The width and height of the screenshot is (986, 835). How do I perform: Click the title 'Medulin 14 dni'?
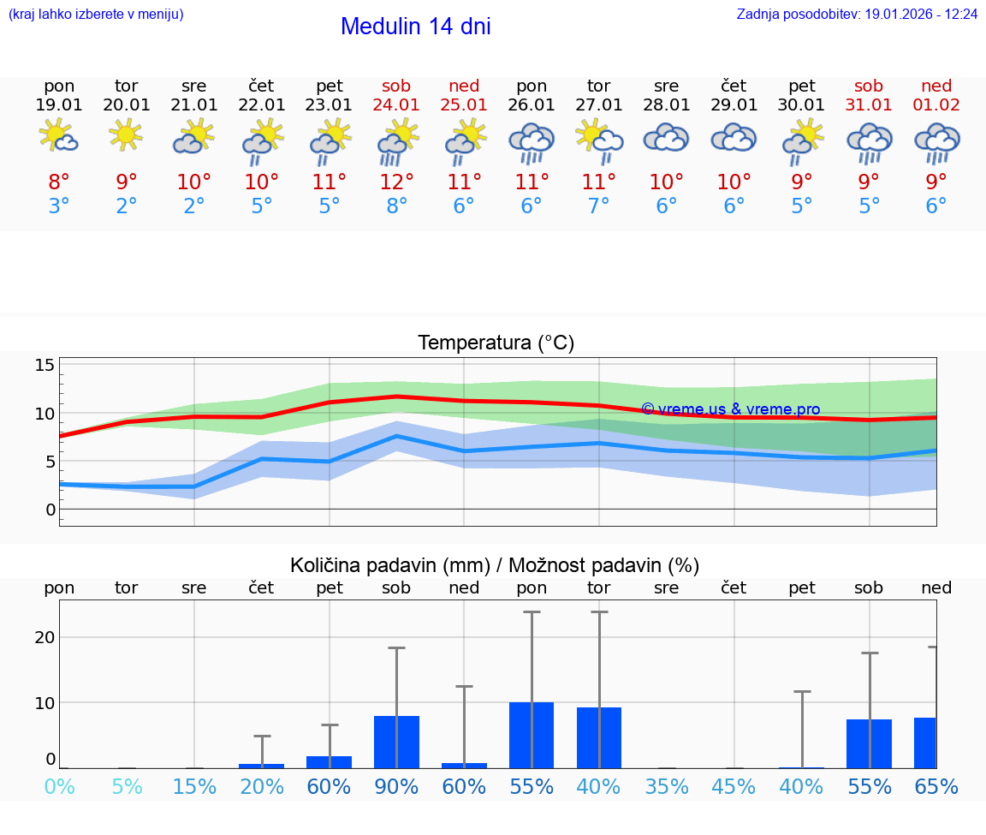click(415, 27)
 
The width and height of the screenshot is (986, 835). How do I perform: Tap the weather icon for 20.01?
click(127, 135)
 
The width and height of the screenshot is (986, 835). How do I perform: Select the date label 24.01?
click(396, 105)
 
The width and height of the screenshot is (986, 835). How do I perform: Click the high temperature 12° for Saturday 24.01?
click(396, 182)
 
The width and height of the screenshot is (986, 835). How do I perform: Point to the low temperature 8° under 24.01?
click(396, 206)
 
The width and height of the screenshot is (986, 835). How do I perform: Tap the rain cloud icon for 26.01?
click(532, 142)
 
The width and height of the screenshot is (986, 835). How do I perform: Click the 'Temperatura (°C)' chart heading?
click(496, 343)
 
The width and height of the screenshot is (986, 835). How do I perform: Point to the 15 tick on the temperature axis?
click(45, 366)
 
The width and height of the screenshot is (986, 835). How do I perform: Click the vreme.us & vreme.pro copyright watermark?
click(730, 409)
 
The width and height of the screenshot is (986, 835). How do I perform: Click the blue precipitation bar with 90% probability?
click(396, 742)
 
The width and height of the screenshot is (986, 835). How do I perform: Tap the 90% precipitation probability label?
click(396, 786)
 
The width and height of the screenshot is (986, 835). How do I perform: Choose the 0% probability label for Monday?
click(59, 786)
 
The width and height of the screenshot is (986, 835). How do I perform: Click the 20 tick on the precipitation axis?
click(45, 637)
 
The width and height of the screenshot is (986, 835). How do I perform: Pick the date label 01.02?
click(936, 105)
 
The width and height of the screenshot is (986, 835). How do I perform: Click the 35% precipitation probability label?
click(667, 786)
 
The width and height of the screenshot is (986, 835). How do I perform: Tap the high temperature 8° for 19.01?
click(59, 182)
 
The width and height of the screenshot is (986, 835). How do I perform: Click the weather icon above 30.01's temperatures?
click(802, 140)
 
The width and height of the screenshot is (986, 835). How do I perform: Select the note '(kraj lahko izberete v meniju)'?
click(96, 15)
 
